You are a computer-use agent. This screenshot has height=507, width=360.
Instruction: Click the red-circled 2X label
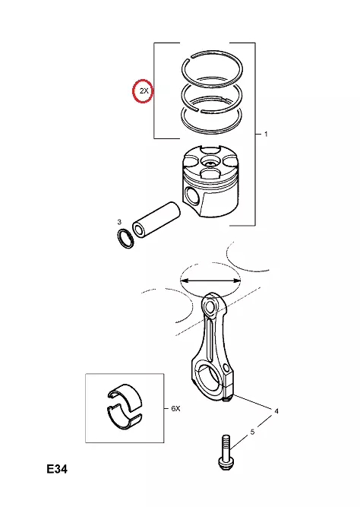tap(144, 91)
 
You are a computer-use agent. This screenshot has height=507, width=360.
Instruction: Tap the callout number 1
tap(266, 134)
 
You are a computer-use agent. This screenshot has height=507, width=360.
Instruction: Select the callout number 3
tap(119, 222)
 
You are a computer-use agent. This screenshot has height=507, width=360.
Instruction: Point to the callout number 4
tap(276, 411)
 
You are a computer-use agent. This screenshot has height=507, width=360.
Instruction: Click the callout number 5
tap(252, 432)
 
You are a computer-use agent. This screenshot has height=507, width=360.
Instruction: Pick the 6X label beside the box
tap(175, 409)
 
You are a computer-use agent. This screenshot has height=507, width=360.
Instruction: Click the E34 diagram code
tap(57, 469)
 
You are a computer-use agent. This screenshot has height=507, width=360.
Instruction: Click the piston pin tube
tap(156, 220)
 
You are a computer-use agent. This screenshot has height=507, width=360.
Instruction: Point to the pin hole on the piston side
tap(192, 196)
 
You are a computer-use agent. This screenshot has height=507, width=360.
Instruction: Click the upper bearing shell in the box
tap(125, 398)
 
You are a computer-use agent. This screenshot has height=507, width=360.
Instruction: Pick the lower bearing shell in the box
tap(124, 417)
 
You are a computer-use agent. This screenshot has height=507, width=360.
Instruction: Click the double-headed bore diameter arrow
tap(210, 281)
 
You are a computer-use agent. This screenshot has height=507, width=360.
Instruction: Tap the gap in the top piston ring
tap(191, 59)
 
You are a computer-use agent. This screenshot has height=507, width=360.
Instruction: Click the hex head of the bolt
tap(225, 464)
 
